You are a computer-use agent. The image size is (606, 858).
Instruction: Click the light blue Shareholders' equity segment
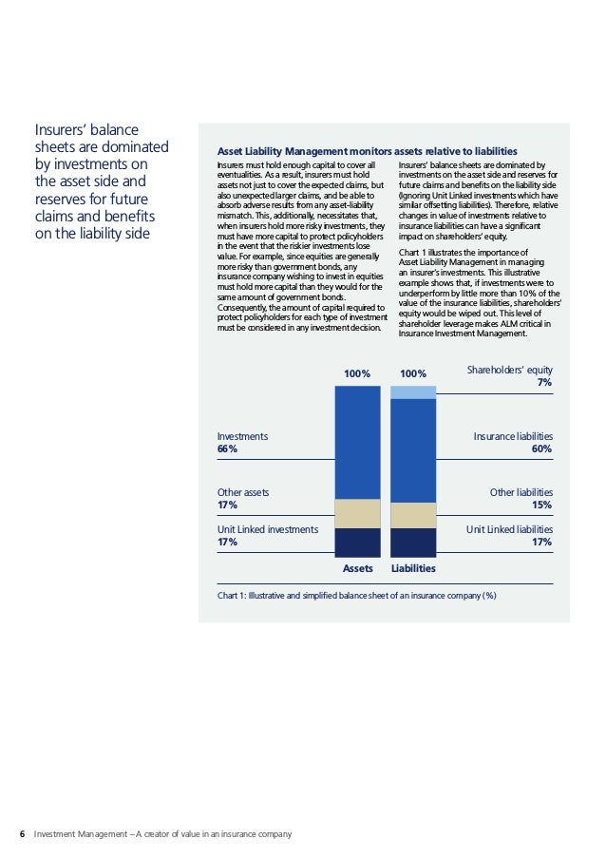tap(413, 391)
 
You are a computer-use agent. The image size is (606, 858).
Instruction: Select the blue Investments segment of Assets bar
tap(357, 442)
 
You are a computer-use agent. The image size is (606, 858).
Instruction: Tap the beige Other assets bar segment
tap(357, 513)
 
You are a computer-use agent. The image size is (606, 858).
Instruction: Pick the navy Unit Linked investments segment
tap(357, 542)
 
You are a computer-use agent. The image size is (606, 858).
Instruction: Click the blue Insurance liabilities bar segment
tap(413, 449)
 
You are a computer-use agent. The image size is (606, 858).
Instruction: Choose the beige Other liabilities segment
tap(413, 515)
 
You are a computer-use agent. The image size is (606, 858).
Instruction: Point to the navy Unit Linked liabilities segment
tap(413, 542)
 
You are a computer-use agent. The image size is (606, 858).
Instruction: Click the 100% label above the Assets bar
tap(357, 374)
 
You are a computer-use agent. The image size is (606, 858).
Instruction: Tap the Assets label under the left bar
tap(357, 568)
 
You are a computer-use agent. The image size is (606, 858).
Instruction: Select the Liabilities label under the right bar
tap(413, 568)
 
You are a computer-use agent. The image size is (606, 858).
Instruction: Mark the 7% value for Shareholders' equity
tap(544, 382)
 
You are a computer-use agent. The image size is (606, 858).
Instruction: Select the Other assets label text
tap(243, 492)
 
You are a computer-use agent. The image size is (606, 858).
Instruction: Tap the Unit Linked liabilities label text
tap(509, 529)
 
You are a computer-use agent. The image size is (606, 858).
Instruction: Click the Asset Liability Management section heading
tap(367, 151)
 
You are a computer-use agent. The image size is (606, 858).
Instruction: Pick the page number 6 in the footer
tap(22, 834)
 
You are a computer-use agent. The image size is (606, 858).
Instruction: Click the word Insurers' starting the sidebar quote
tap(62, 129)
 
